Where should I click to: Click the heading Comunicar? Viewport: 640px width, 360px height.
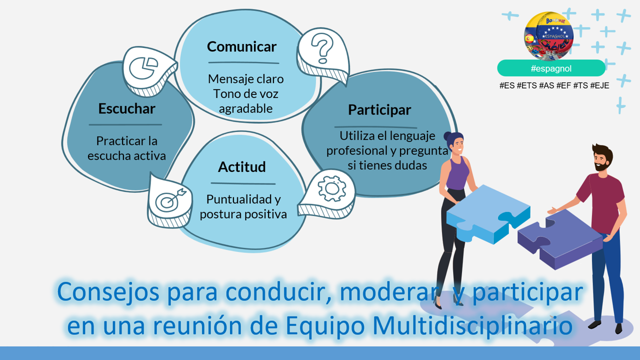point(241,46)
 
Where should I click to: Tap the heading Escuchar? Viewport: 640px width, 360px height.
point(126,108)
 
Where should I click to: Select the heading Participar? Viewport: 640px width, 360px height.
point(379,110)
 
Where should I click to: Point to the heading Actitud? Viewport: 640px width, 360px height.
point(241,167)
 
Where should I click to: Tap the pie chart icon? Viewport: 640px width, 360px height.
point(143,68)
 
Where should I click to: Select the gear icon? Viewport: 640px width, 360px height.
point(331,188)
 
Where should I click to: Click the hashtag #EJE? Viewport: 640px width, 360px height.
point(599,85)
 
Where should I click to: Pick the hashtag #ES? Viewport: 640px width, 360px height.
point(507,85)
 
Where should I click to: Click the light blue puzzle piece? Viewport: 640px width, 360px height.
point(488,213)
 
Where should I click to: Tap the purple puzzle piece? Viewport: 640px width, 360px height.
point(560,238)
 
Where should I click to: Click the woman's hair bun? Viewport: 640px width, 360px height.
point(447,135)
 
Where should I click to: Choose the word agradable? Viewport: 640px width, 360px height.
point(245,109)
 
